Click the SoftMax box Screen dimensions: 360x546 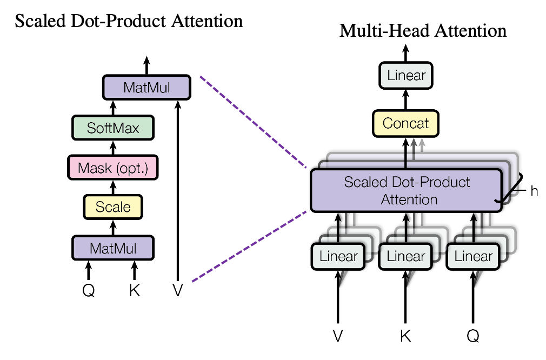coord(113,128)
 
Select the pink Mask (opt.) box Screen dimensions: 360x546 coord(113,168)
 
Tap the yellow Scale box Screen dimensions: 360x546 coord(113,206)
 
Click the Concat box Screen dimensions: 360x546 coord(406,123)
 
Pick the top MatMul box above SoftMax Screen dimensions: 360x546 coord(146,88)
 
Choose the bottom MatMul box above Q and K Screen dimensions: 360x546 coord(113,248)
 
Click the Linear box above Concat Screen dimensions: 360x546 coord(406,75)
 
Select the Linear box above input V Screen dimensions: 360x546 coord(339,256)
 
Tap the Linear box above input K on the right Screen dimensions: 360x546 coord(406,256)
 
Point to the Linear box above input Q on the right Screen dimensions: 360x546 coord(474,256)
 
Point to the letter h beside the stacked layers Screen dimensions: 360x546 coord(534,191)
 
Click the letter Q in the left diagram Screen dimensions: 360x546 coord(89,291)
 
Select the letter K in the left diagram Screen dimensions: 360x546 coord(135,291)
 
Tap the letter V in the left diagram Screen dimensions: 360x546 coord(177,291)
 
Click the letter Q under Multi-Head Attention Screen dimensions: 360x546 coord(474,336)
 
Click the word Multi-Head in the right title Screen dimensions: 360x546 coord(385,31)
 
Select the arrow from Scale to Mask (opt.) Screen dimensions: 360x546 coord(113,187)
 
